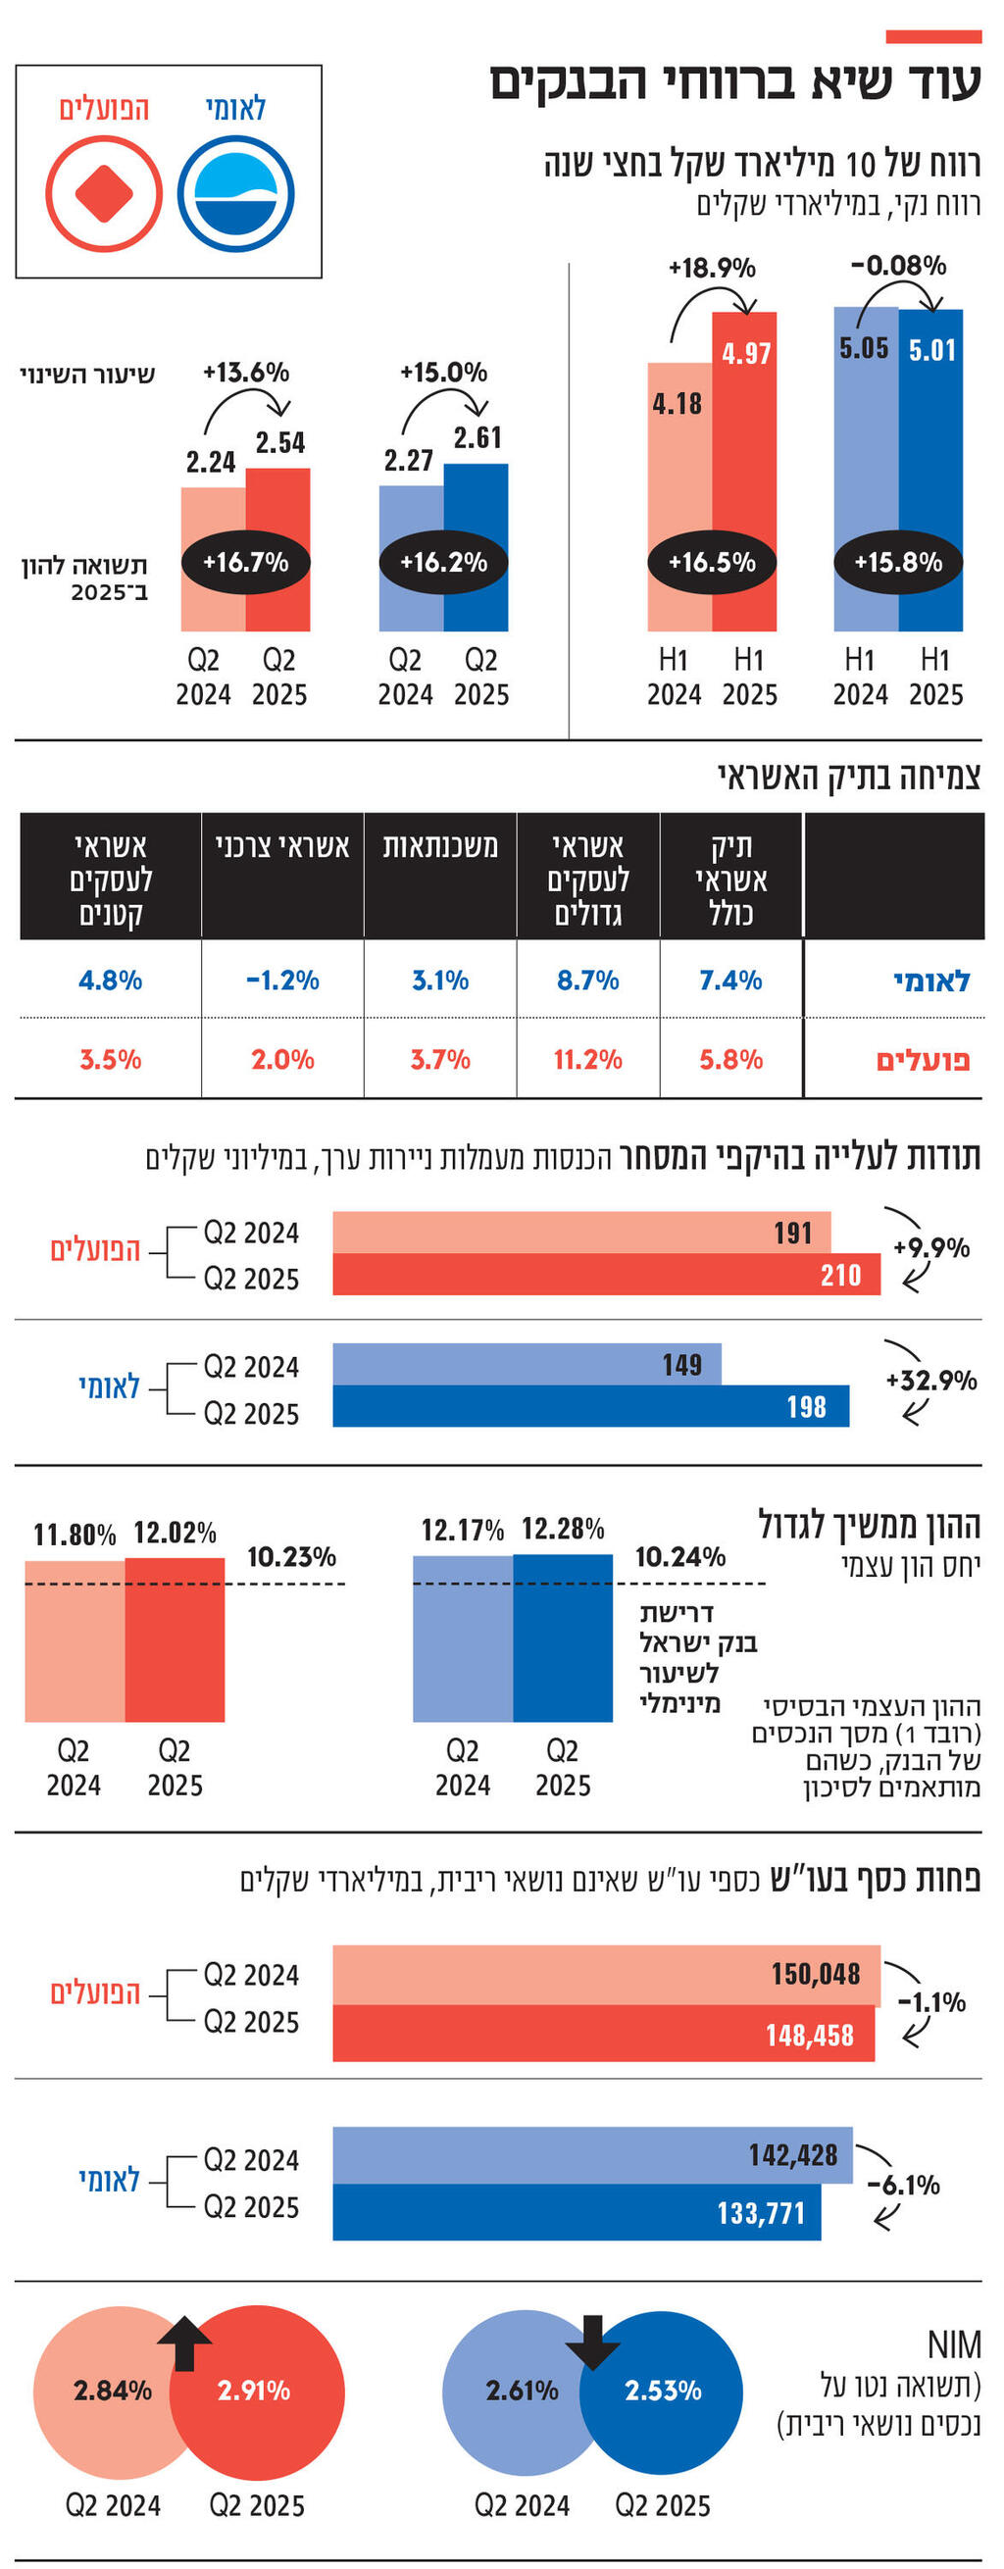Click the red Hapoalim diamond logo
(104, 193)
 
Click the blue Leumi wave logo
(236, 193)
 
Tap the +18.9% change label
(712, 269)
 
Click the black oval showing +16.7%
(245, 562)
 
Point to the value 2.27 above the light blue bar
(409, 461)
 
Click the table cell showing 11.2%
(587, 1059)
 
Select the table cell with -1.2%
(282, 981)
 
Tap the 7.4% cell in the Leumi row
(729, 981)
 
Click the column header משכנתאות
(439, 847)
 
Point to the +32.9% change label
(930, 1381)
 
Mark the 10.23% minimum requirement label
(291, 1557)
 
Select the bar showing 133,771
(576, 2213)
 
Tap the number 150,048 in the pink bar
(815, 1974)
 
